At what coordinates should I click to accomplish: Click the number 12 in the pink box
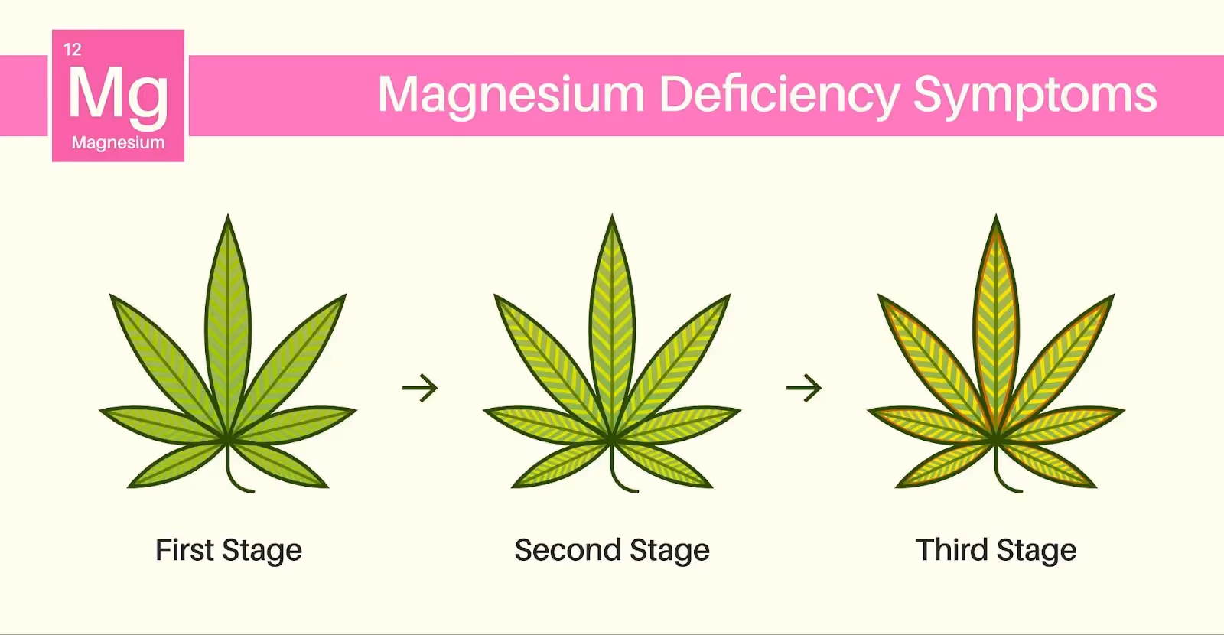[x=73, y=50]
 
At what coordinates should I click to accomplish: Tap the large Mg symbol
[x=118, y=94]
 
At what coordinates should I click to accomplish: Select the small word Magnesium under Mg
[x=118, y=142]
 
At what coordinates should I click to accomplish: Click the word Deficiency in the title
[x=780, y=95]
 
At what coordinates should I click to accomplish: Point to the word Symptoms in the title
[x=1035, y=95]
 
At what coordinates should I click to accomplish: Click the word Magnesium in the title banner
[x=512, y=95]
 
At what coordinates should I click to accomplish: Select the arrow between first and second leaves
[x=420, y=388]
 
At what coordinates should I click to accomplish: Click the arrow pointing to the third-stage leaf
[x=804, y=388]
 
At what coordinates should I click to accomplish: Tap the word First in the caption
[x=184, y=550]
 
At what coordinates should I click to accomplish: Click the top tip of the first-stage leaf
[x=228, y=218]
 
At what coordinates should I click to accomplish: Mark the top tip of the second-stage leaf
[x=612, y=218]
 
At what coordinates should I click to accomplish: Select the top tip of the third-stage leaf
[x=996, y=218]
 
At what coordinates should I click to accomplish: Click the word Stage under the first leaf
[x=262, y=551]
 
